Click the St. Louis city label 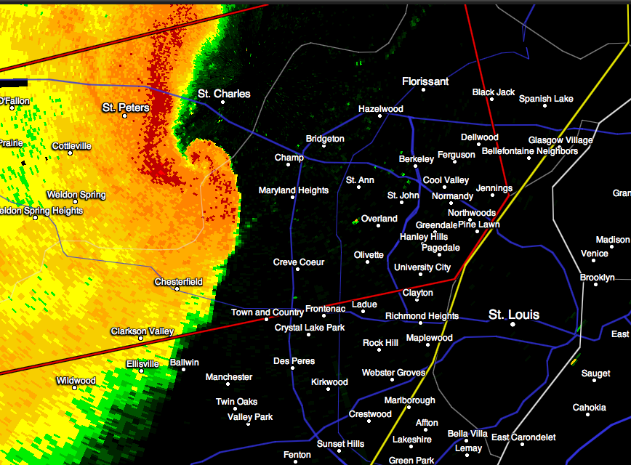(x=514, y=315)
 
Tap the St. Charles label (x=224, y=94)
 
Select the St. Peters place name (x=125, y=108)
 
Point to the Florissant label (x=425, y=81)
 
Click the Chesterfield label (x=178, y=282)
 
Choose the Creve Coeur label (x=299, y=262)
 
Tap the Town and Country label (x=268, y=312)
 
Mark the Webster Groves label (x=393, y=373)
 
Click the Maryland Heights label (x=294, y=190)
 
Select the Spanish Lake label (x=546, y=99)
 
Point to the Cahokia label (x=589, y=408)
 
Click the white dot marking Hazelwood (x=381, y=118)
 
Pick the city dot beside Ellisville (x=142, y=371)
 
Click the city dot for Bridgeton (x=324, y=147)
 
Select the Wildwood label (x=76, y=381)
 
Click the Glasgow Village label (x=560, y=140)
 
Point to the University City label (x=422, y=267)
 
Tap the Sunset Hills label (x=340, y=444)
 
